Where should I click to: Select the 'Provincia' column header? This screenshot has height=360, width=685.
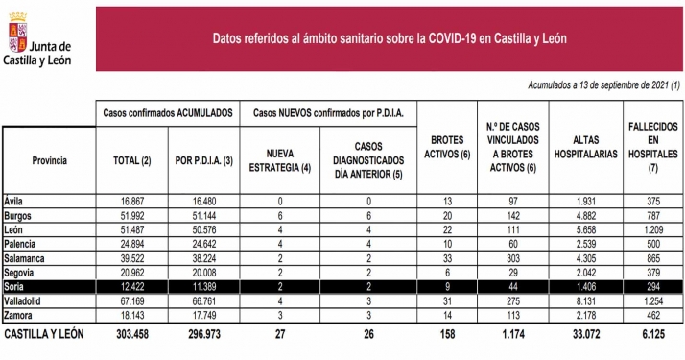coord(49,160)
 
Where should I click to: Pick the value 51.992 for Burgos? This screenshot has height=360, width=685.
coord(132,214)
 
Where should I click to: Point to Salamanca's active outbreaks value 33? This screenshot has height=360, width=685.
coord(444,258)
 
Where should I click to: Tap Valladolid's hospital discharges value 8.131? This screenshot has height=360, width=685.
coord(582,301)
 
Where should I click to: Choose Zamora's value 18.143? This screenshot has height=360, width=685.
coord(132,316)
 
